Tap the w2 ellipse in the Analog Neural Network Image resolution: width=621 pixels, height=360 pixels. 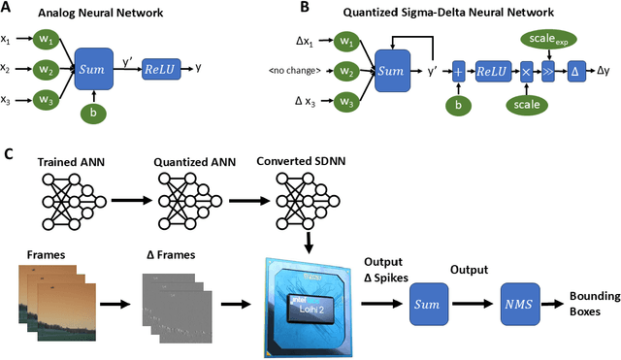pos(47,70)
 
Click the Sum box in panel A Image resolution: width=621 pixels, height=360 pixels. pos(93,70)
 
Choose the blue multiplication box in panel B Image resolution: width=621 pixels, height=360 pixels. pos(526,70)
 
